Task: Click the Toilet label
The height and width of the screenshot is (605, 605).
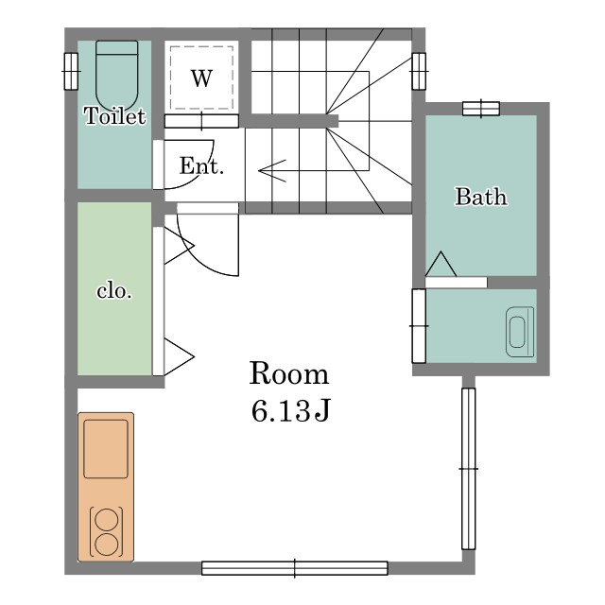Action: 115,115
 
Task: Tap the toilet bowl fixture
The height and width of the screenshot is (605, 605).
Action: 116,76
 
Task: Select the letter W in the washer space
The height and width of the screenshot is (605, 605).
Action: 201,78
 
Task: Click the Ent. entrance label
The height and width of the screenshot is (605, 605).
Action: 201,166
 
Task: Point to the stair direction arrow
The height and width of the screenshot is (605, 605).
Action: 272,170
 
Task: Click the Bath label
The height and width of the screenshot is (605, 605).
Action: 481,197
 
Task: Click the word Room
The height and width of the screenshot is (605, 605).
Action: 289,373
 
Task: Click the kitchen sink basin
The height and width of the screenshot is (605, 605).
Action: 106,449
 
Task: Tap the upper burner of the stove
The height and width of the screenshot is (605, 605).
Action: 106,519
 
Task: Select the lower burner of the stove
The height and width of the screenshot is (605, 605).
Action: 106,544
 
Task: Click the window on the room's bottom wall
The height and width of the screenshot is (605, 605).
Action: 295,568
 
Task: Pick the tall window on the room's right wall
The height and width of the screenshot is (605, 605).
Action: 469,469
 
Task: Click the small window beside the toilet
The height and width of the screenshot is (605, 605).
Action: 71,72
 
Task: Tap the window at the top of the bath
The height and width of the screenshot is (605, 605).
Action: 481,109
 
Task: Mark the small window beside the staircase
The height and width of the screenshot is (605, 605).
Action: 419,71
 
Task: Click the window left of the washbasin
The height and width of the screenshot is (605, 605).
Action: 419,326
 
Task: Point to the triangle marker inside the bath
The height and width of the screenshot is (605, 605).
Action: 441,264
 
